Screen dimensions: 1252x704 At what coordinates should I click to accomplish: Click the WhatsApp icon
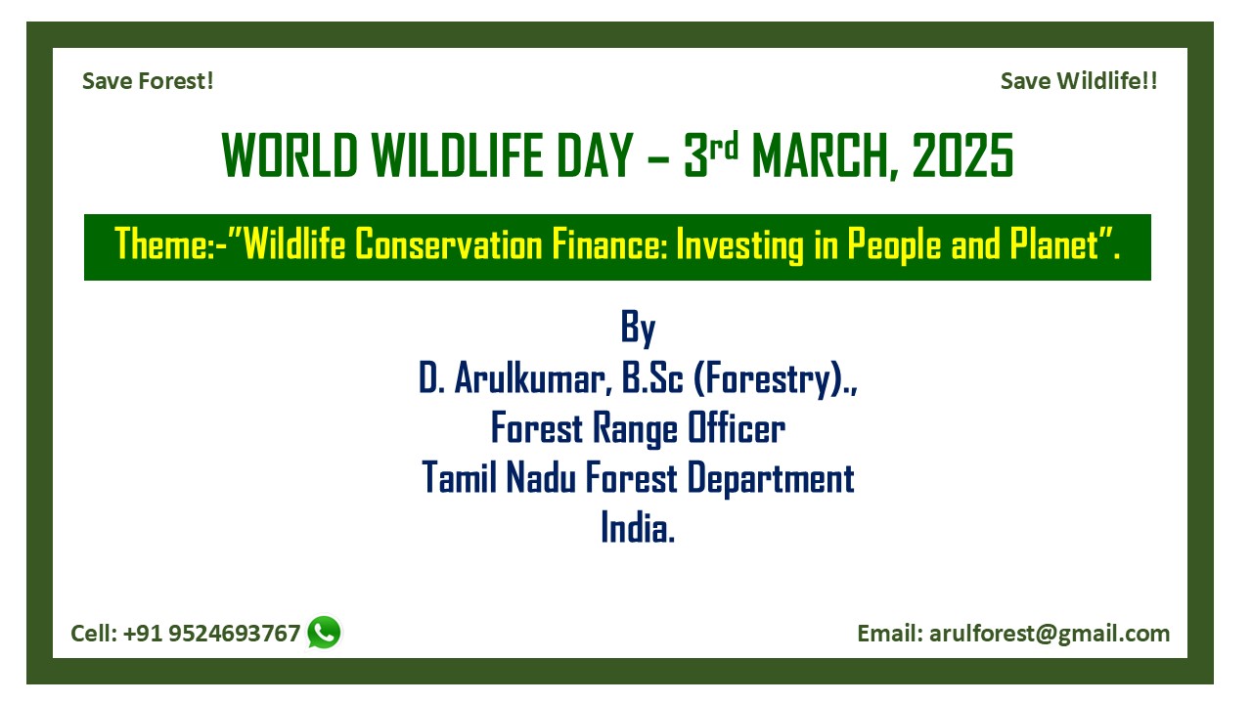coord(324,633)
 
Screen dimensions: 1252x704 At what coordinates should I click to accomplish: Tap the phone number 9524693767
coord(234,634)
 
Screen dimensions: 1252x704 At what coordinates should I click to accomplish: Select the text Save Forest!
coord(148,81)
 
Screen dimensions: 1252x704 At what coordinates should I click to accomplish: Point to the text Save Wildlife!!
coord(1079,81)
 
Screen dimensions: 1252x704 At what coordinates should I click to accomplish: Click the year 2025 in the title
coord(962,155)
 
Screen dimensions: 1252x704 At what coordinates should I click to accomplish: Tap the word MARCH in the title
coord(821,155)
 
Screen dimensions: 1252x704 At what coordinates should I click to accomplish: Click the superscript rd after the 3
coord(724,146)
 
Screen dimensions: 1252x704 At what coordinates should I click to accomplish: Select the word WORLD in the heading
coord(290,155)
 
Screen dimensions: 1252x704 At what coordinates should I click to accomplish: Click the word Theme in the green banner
coord(160,244)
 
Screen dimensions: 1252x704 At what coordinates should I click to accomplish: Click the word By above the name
coord(638,328)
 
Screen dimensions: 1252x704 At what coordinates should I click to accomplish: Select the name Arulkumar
coord(529,378)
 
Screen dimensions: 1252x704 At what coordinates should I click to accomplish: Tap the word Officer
coord(737,428)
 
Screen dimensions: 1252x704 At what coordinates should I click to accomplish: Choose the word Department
coord(770,479)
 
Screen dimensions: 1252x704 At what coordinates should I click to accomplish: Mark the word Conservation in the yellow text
coord(449,244)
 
